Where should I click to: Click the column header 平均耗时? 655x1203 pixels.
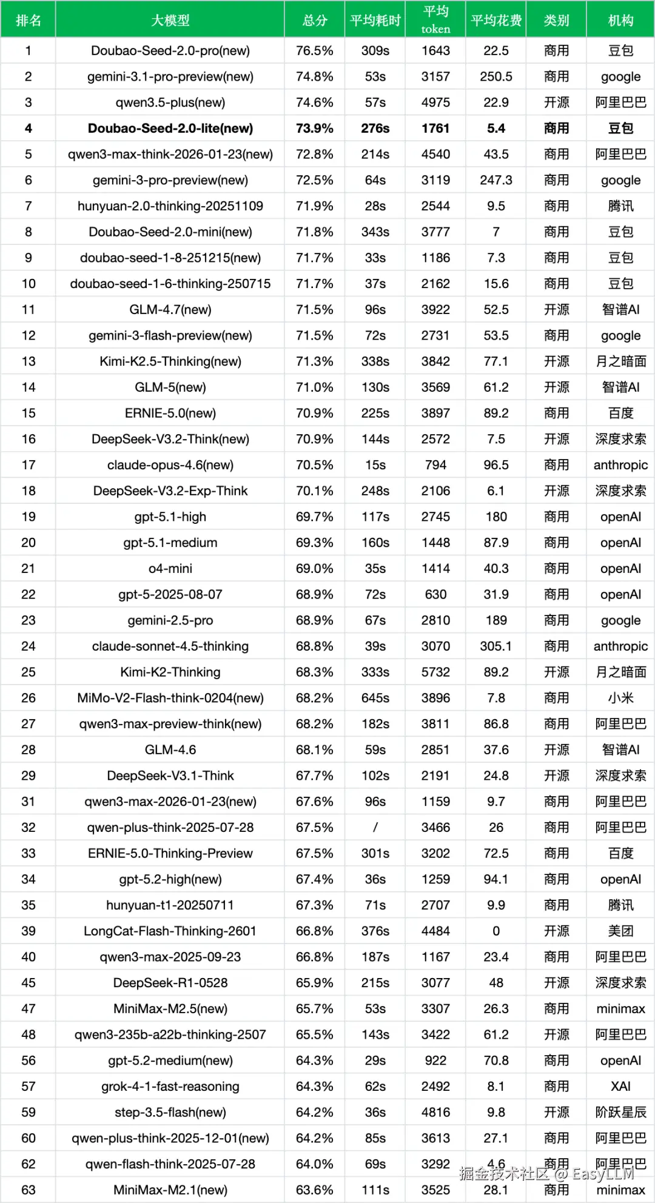[x=375, y=21]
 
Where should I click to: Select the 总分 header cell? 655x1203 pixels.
[x=315, y=21]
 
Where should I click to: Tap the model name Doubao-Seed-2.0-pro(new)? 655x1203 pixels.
[x=170, y=51]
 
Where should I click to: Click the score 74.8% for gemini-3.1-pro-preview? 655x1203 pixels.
[x=314, y=77]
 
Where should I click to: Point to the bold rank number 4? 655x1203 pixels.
[x=28, y=129]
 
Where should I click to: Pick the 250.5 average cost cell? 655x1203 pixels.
[x=495, y=77]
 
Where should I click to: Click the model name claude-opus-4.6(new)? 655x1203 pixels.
[x=170, y=465]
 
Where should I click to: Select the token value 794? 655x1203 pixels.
[x=435, y=465]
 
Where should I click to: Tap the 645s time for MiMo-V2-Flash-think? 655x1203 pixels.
[x=375, y=698]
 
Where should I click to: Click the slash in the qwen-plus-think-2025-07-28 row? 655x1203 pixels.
[x=375, y=828]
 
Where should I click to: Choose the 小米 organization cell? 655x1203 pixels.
[x=620, y=698]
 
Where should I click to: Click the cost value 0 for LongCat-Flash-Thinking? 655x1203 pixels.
[x=495, y=931]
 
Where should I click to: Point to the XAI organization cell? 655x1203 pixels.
[x=620, y=1087]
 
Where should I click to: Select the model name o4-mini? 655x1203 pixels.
[x=170, y=569]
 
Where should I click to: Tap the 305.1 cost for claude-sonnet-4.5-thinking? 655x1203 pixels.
[x=495, y=646]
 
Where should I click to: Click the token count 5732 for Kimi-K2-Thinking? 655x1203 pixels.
[x=435, y=672]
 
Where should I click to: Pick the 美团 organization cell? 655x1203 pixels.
[x=620, y=931]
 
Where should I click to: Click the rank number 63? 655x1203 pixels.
[x=28, y=1190]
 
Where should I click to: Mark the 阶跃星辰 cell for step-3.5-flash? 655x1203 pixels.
[x=620, y=1112]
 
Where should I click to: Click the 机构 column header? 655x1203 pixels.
[x=620, y=21]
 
